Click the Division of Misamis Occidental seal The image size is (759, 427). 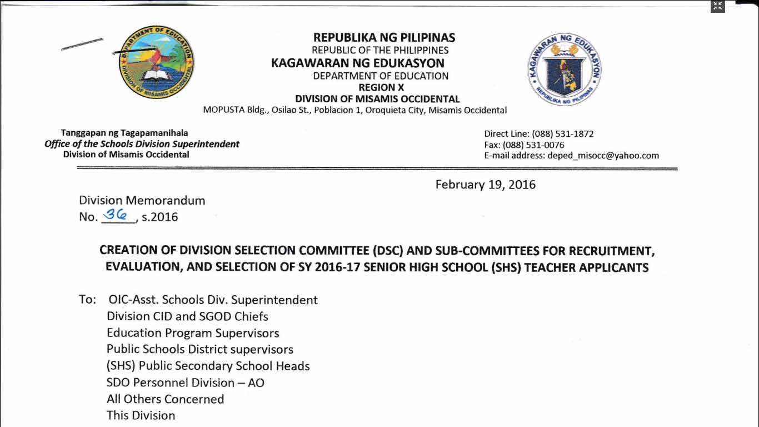(x=156, y=62)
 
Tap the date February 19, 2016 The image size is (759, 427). (x=485, y=185)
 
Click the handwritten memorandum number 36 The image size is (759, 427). (x=118, y=215)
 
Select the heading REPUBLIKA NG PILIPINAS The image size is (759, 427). (x=384, y=38)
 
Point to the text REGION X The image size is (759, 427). (x=381, y=87)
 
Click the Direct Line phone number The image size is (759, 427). (x=562, y=134)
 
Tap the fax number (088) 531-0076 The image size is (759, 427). (x=533, y=145)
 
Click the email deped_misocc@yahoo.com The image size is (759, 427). (x=603, y=156)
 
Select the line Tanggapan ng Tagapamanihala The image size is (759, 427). (x=124, y=133)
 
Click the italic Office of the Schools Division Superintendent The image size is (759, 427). (x=142, y=144)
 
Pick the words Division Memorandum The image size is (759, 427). (x=142, y=200)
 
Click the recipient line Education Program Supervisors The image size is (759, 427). (x=193, y=333)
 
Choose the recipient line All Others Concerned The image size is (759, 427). (x=165, y=399)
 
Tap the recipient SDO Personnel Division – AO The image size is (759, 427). (x=185, y=383)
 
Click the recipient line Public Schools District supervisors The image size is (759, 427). (x=199, y=350)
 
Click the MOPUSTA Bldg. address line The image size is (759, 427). (x=354, y=110)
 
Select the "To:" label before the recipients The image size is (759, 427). (x=88, y=300)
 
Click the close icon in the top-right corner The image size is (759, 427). (x=718, y=6)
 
